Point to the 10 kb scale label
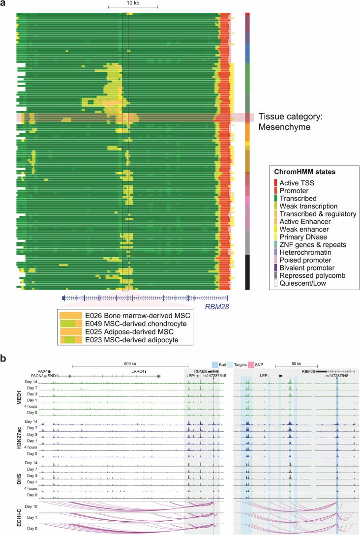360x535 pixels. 133,3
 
